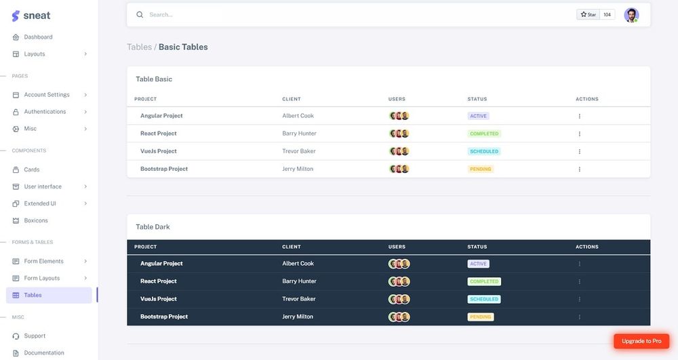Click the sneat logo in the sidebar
[31, 15]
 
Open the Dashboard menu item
[38, 37]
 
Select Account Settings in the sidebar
[46, 95]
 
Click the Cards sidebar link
[32, 169]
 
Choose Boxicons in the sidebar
[36, 220]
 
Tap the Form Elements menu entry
[43, 261]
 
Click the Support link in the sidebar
[35, 336]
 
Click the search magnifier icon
[140, 14]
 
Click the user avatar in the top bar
[631, 15]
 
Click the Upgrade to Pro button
[641, 341]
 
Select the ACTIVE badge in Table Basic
[478, 116]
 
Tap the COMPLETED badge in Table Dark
[484, 281]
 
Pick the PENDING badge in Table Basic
[481, 169]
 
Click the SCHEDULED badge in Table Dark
[484, 299]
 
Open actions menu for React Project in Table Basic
[580, 134]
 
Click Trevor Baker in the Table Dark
[299, 299]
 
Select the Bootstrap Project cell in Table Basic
[164, 169]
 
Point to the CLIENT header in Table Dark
[292, 247]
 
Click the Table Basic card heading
[154, 79]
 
